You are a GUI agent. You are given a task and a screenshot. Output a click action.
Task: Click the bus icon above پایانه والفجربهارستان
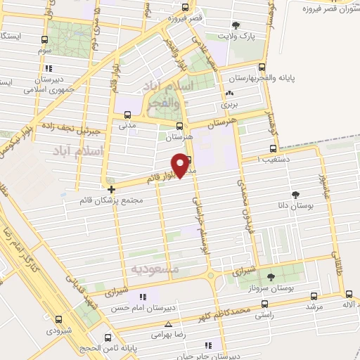click(x=262, y=67)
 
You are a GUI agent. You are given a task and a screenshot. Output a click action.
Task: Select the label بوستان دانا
click(x=295, y=207)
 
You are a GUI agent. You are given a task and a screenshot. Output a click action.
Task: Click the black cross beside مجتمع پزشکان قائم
click(x=110, y=188)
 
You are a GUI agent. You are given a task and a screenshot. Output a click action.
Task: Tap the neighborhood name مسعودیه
click(x=155, y=269)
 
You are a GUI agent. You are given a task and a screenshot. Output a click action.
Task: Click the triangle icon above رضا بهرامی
click(x=167, y=324)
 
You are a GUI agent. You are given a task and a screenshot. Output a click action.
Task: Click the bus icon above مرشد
click(x=313, y=296)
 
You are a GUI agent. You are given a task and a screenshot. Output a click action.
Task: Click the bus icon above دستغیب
click(x=274, y=149)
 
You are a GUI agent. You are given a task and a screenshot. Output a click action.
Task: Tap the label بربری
click(x=229, y=104)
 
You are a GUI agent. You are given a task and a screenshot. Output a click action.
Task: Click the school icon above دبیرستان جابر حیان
click(x=207, y=345)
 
